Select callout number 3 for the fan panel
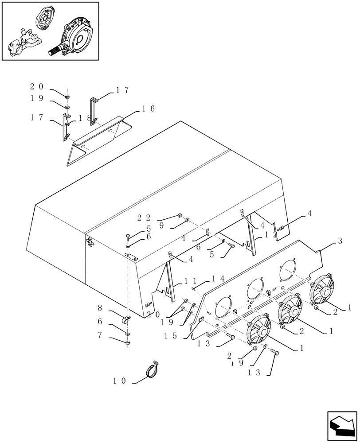(x=340, y=241)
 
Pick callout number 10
(x=120, y=381)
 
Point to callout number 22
(x=145, y=217)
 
